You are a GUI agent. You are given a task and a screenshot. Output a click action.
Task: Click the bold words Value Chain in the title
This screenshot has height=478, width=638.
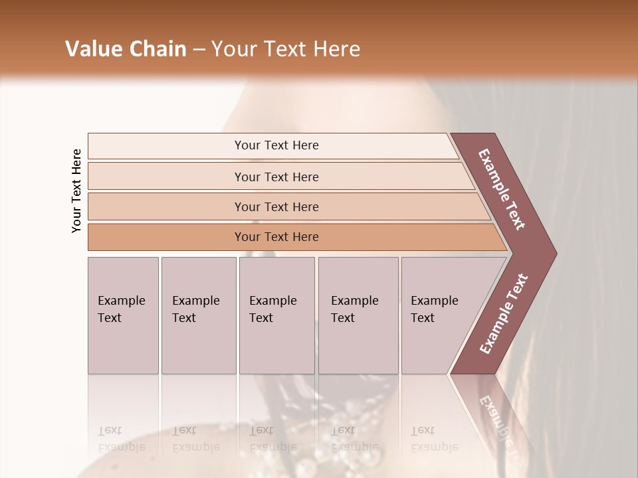(126, 49)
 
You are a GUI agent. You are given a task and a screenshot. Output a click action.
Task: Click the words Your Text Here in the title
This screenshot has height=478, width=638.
(286, 49)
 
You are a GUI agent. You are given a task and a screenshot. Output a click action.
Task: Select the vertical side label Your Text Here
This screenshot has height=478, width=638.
(76, 191)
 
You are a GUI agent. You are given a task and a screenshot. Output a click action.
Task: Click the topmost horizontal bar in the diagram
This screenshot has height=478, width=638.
(276, 145)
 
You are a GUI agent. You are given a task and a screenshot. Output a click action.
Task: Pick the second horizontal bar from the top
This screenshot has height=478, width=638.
(276, 177)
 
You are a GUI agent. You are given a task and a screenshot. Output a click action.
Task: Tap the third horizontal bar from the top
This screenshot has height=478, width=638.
(276, 206)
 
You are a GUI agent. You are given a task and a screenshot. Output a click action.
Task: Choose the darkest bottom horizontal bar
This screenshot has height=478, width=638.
(276, 237)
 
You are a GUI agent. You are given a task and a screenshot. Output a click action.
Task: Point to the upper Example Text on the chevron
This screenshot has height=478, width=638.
(502, 190)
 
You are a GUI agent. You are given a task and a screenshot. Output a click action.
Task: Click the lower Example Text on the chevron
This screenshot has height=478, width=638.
(503, 314)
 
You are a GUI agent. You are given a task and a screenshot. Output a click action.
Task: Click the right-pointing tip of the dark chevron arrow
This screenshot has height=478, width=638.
(553, 253)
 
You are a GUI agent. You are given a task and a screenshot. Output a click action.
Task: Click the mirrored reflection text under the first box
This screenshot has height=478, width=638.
(122, 439)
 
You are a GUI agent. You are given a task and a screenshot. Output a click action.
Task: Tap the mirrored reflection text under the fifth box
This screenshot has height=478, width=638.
(435, 439)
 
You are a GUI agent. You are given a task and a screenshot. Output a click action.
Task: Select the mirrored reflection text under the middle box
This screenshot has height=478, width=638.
(272, 439)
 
